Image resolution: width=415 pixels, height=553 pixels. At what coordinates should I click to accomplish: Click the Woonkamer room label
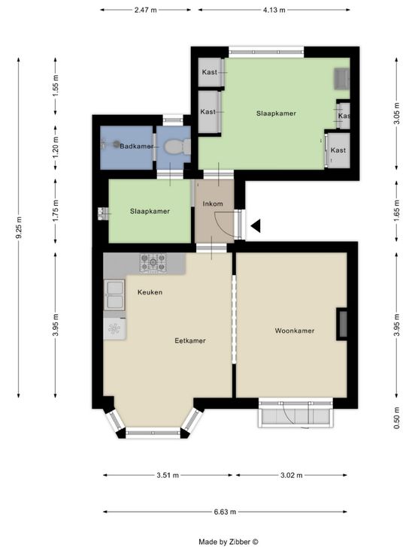(x=295, y=331)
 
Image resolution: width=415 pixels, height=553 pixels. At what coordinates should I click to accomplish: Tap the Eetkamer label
(x=190, y=340)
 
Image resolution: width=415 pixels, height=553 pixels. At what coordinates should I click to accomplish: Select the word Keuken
(x=150, y=292)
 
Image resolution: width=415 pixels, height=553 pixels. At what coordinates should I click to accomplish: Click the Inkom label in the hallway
(x=213, y=204)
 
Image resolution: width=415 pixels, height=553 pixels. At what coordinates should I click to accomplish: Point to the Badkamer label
(x=137, y=146)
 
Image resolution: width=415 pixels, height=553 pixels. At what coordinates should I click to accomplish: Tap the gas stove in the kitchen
(x=153, y=263)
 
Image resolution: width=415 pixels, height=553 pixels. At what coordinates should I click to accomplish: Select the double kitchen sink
(x=114, y=295)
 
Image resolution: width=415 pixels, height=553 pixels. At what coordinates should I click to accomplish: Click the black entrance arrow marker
(x=256, y=225)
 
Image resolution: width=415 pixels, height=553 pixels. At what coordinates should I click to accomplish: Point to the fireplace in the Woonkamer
(x=341, y=324)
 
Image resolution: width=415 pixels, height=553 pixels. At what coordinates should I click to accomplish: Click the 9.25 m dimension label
(x=19, y=228)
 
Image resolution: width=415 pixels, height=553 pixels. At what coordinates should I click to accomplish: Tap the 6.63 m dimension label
(x=225, y=512)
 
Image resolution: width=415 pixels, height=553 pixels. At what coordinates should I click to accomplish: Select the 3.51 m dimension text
(x=168, y=475)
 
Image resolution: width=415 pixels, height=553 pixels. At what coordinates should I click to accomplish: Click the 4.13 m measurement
(x=274, y=10)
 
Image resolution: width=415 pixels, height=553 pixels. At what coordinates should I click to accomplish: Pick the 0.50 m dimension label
(x=397, y=418)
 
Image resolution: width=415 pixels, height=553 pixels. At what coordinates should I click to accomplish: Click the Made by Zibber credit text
(x=229, y=542)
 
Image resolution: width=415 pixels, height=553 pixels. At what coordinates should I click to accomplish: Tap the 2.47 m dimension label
(x=145, y=10)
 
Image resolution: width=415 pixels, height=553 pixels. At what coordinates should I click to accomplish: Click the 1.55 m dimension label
(x=56, y=86)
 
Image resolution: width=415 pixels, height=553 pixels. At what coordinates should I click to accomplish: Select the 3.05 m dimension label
(x=397, y=113)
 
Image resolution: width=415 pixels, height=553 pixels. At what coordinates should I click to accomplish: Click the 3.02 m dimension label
(x=292, y=475)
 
